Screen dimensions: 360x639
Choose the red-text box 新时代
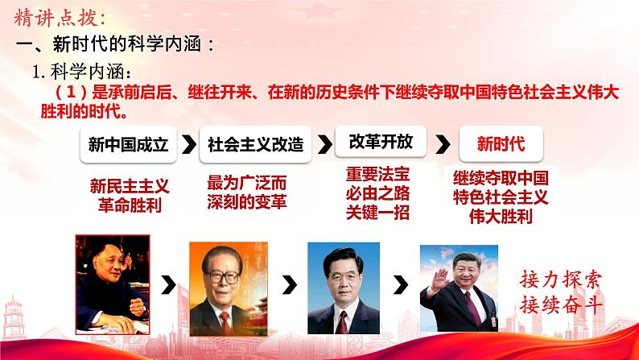click(501, 145)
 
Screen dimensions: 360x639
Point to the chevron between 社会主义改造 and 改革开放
click(324, 145)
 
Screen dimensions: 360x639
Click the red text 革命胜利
click(127, 205)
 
